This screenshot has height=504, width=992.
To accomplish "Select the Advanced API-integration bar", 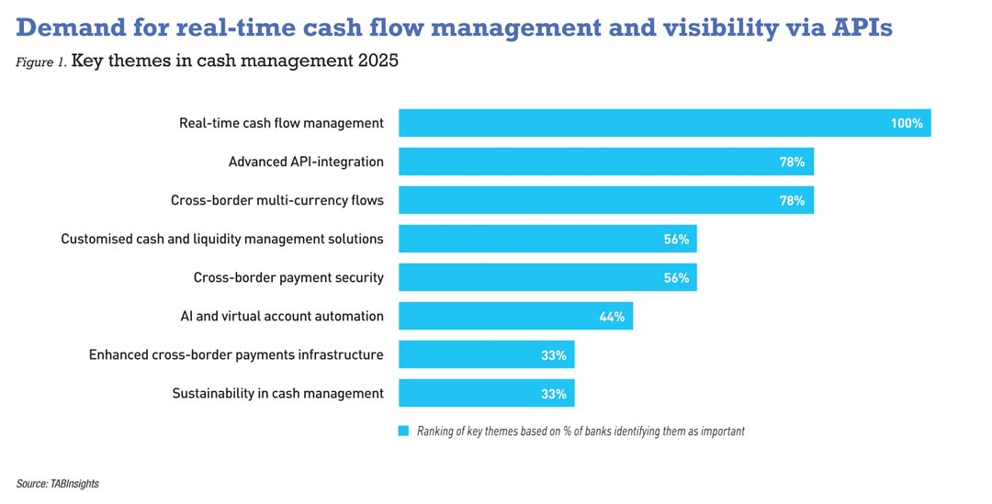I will tap(605, 162).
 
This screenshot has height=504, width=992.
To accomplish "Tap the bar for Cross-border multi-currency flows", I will tap(605, 200).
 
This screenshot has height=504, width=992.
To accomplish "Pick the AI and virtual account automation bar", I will tap(515, 316).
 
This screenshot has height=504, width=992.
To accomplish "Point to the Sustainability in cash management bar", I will tap(486, 393).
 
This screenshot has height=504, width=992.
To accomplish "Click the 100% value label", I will tap(906, 123).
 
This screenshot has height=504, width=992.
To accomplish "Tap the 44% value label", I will tap(612, 317).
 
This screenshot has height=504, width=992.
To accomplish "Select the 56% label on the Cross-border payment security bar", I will tap(676, 278).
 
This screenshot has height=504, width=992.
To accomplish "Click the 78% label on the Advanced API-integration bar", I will tap(792, 162).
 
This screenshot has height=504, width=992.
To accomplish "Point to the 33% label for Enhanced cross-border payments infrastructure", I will tap(553, 355).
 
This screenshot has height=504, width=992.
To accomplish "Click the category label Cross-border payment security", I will tap(288, 277).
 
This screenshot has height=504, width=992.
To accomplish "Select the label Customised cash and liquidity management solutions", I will tap(222, 239).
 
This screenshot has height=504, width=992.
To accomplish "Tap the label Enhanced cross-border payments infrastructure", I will tap(236, 354).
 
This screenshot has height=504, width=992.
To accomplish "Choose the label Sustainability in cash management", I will tap(277, 393).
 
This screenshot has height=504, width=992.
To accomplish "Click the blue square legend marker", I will tap(403, 431).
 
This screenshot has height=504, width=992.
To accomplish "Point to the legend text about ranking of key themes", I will tap(581, 431).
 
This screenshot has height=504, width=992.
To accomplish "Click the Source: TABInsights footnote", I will tap(57, 484).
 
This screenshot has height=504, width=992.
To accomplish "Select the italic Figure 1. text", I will tap(40, 63).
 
